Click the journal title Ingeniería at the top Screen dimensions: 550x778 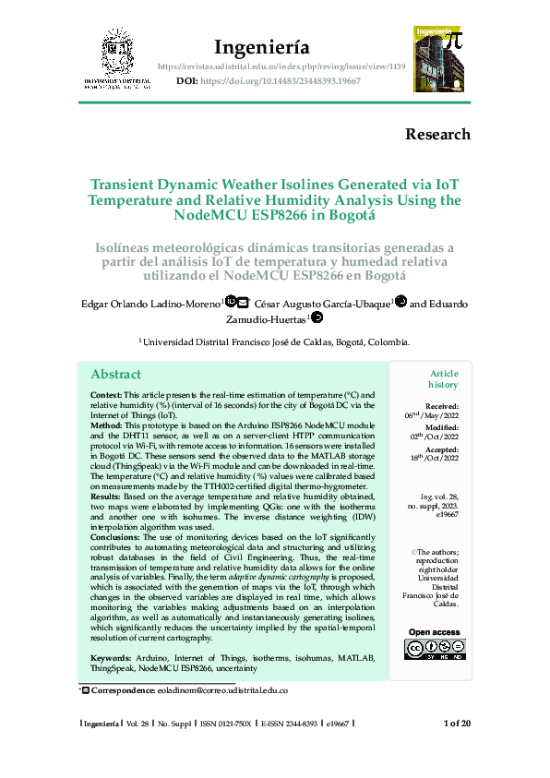(x=261, y=47)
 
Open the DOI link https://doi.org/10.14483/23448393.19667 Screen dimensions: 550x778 (x=280, y=81)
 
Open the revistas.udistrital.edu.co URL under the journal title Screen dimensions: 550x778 (x=281, y=67)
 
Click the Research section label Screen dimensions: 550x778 (x=437, y=134)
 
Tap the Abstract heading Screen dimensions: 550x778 (x=115, y=374)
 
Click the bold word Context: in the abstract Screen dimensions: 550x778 (x=110, y=394)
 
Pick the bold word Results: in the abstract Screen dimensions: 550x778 (x=109, y=496)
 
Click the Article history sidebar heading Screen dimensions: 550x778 (x=442, y=378)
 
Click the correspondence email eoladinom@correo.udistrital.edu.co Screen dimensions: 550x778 (x=221, y=690)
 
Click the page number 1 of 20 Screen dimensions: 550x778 (x=457, y=723)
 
